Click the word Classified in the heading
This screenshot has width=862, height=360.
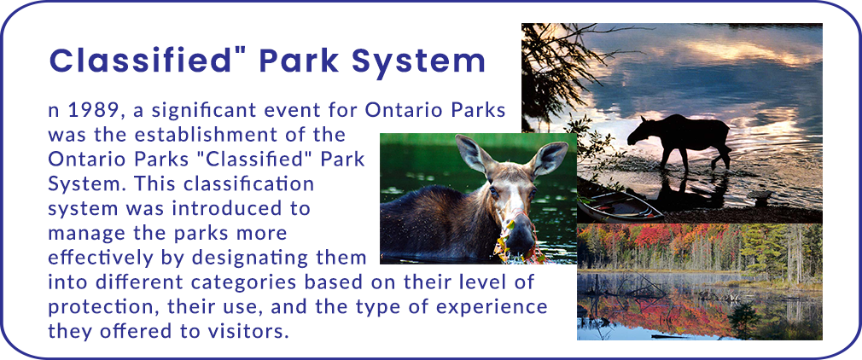pyautogui.click(x=139, y=61)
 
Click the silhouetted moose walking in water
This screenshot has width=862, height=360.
pyautogui.click(x=680, y=140)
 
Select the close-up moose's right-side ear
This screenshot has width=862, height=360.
pyautogui.click(x=548, y=158)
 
